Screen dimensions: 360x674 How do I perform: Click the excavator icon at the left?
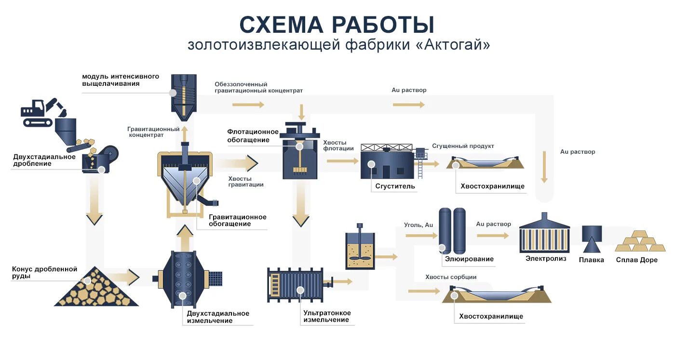43,113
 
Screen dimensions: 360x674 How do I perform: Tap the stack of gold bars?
640,241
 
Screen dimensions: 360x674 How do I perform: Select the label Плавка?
591,260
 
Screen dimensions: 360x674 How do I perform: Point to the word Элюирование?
469,259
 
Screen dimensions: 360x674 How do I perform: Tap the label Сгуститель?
395,186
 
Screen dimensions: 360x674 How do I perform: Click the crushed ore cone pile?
96,286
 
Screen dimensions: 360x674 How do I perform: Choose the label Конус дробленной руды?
44,273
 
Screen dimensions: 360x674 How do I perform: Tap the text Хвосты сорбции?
451,277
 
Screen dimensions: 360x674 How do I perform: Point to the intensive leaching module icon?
184,97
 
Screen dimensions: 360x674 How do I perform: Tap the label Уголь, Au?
418,225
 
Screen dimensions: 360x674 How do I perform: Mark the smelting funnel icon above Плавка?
592,239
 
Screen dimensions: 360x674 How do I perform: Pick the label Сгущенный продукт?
463,146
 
